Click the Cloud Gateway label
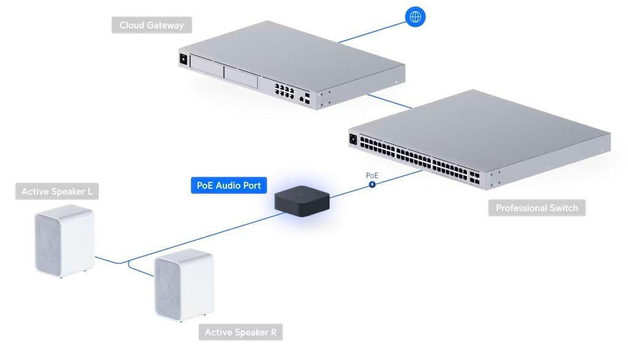point(151,25)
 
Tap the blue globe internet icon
point(416,17)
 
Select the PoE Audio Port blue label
point(228,185)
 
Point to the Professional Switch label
point(537,208)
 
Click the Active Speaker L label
point(57,191)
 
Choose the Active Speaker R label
point(240,332)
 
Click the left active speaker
point(64,242)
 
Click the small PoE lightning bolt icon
point(372,183)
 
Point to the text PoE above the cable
point(372,175)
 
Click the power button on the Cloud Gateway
point(182,59)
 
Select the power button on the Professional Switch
point(353,139)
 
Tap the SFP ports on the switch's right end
point(476,178)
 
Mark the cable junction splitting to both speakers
point(129,262)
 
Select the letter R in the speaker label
point(273,332)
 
